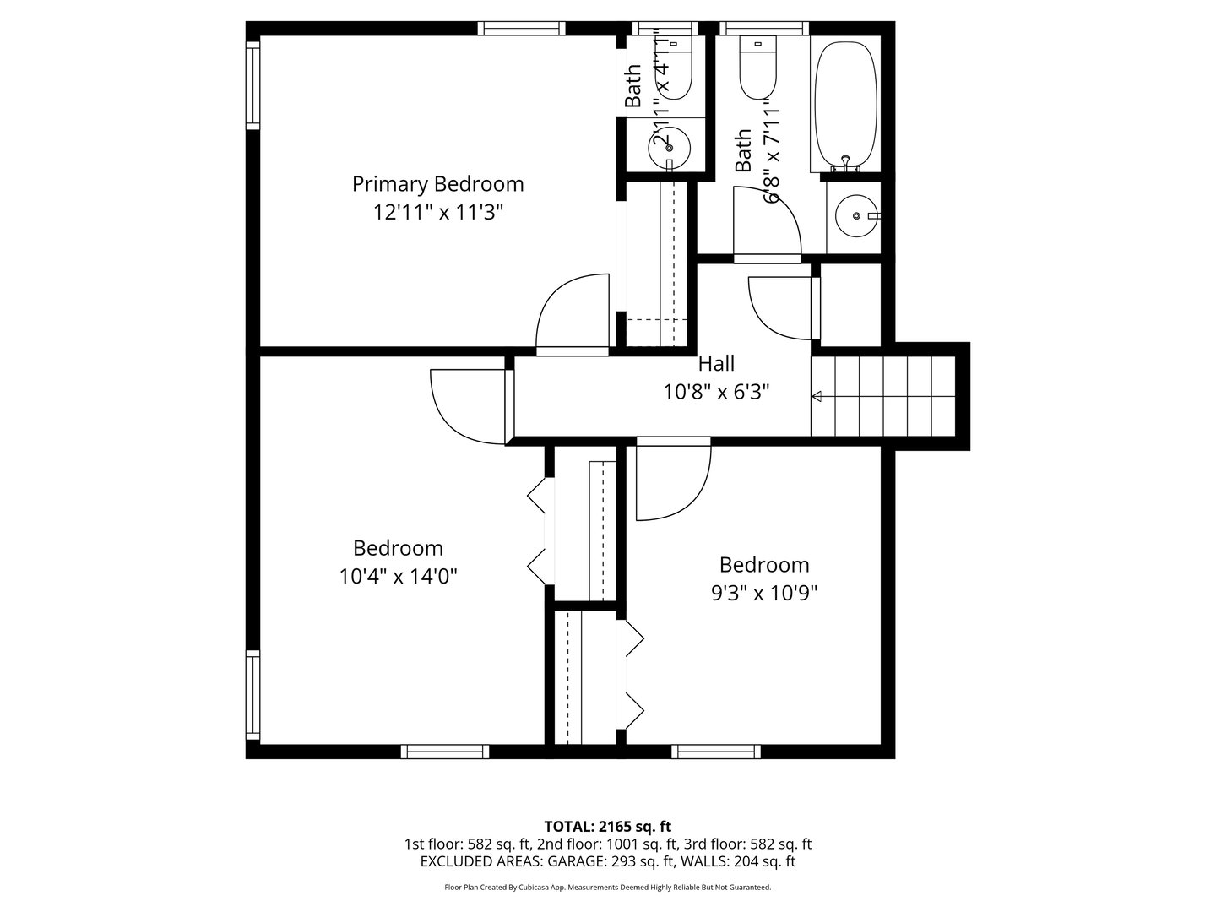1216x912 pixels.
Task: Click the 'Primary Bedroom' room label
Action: [437, 183]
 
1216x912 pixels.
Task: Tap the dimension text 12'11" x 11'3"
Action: [437, 212]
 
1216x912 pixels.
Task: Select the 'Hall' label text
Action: [716, 364]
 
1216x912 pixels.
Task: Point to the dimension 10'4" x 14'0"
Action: [398, 577]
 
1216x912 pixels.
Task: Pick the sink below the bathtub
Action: [856, 216]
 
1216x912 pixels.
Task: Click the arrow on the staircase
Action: [817, 395]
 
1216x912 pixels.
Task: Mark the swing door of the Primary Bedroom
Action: [573, 312]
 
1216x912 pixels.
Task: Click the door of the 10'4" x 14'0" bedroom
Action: [467, 404]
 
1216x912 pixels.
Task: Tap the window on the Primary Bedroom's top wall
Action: [521, 29]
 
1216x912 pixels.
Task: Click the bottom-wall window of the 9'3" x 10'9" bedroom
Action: [716, 751]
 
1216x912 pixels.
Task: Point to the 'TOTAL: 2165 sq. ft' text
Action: [607, 826]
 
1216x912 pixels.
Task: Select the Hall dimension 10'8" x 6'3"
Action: [716, 393]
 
